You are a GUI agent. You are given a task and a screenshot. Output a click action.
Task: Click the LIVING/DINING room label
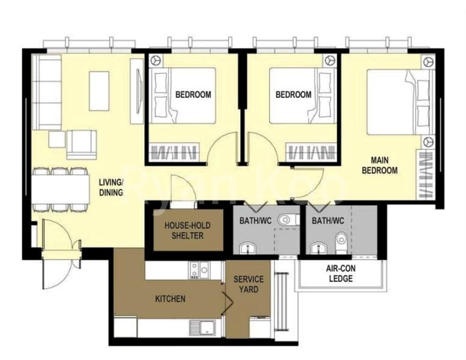(x=111, y=187)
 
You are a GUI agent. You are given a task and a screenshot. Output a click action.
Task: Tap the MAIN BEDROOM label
(x=384, y=165)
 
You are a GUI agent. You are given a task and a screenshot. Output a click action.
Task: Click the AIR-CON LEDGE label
(x=340, y=274)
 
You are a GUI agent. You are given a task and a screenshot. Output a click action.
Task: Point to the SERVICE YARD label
(x=249, y=284)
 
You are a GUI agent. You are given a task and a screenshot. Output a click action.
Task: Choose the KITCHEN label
(x=170, y=299)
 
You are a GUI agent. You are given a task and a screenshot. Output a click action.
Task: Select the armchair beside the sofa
(x=82, y=145)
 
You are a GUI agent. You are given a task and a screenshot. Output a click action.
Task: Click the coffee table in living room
(x=99, y=91)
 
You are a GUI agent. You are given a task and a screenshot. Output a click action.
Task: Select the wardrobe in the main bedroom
(x=426, y=175)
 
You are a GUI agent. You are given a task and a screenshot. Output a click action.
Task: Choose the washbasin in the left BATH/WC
(x=246, y=248)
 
